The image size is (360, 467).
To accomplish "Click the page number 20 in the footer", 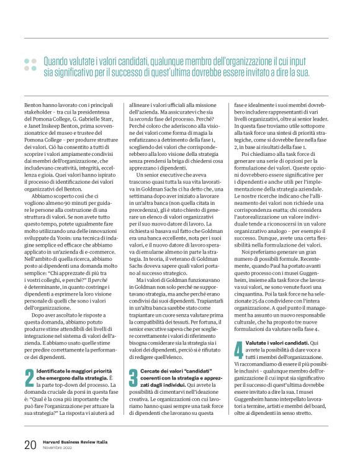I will pyautogui.click(x=29, y=445).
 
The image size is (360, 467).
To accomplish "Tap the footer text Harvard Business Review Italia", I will pyautogui.click(x=76, y=442).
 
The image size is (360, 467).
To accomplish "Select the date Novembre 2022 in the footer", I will pyautogui.click(x=58, y=448).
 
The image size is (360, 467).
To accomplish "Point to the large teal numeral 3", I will pyautogui.click(x=133, y=376).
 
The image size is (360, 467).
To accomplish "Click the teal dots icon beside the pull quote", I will pyautogui.click(x=30, y=64).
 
